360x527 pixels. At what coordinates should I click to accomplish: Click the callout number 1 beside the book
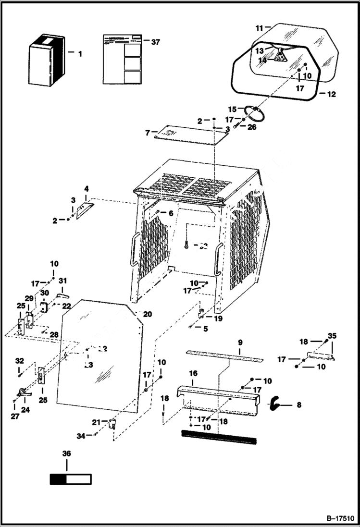tap(80, 54)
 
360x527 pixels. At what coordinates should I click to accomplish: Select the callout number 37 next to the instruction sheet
tap(155, 42)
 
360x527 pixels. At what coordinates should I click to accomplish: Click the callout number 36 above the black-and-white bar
tap(67, 453)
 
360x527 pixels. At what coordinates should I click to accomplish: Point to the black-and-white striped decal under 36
tap(70, 479)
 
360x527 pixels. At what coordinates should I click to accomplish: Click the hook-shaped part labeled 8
tap(275, 404)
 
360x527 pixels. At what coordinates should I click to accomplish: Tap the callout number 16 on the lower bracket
tap(193, 373)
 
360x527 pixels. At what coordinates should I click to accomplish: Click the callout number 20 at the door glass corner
tap(147, 314)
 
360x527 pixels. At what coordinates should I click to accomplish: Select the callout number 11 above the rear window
tap(259, 29)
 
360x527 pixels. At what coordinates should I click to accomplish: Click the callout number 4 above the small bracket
tap(87, 189)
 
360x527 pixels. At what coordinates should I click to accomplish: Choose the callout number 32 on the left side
tap(19, 360)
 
